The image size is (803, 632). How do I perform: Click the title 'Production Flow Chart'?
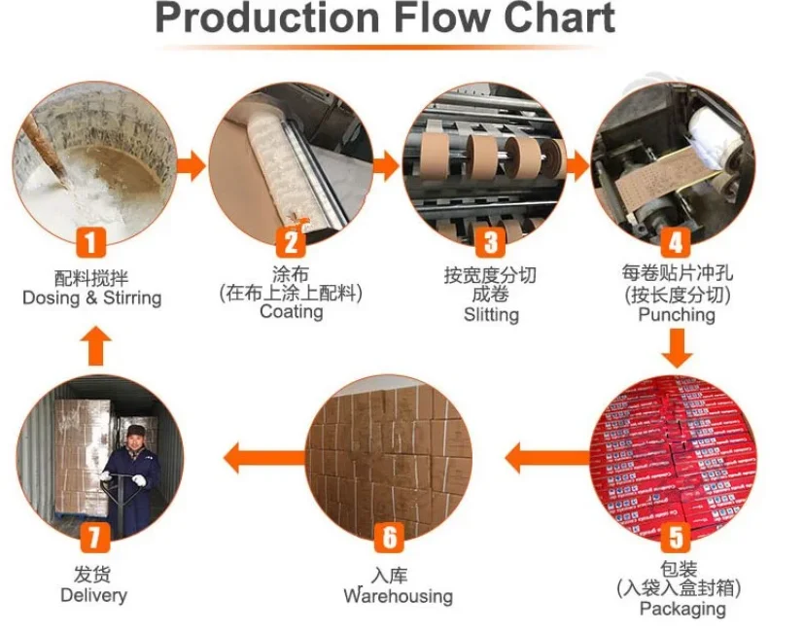coord(384,20)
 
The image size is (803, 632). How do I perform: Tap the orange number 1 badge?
coord(92,241)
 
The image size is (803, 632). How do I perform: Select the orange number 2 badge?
coord(291,241)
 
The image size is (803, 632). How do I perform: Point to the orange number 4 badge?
coord(677,241)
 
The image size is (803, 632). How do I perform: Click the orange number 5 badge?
coord(678,536)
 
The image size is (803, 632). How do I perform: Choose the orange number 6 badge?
coord(389,536)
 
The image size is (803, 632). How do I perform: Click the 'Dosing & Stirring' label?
coord(92,298)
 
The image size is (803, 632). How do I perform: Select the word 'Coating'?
coord(291,312)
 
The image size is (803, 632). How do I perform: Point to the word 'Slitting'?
coord(491,315)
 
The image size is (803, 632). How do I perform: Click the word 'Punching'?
coord(677,315)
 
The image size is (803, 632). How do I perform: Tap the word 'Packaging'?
coord(681,609)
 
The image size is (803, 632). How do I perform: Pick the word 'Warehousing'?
coord(398,595)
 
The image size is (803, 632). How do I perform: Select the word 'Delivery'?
coord(93,594)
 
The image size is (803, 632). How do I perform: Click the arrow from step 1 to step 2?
coord(192,165)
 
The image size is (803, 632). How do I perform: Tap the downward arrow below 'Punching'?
coord(679,348)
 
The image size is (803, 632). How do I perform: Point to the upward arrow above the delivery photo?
coord(93,346)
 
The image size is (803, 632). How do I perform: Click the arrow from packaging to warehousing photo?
coord(533,455)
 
